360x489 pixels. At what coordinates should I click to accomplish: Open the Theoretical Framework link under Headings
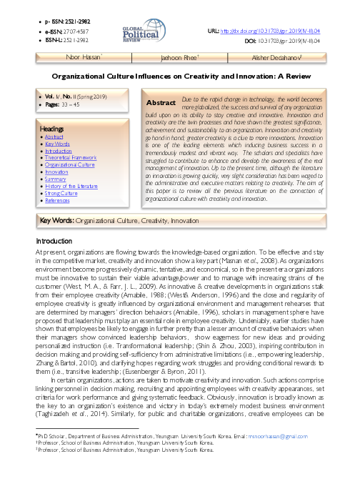[x=69, y=157]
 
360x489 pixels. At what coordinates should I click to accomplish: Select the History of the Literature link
[x=71, y=186]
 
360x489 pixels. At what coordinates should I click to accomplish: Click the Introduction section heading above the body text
[x=54, y=242]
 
